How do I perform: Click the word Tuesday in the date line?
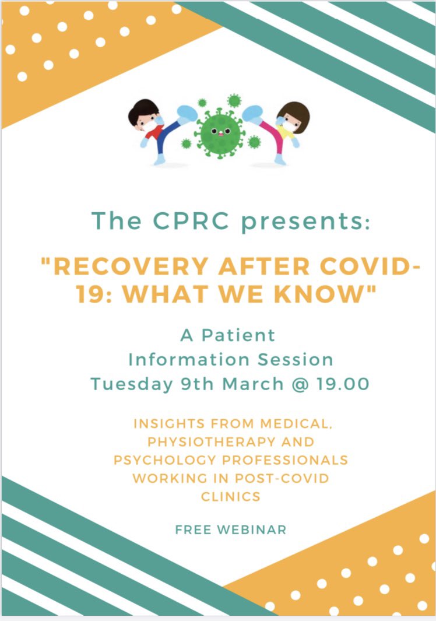(x=131, y=384)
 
